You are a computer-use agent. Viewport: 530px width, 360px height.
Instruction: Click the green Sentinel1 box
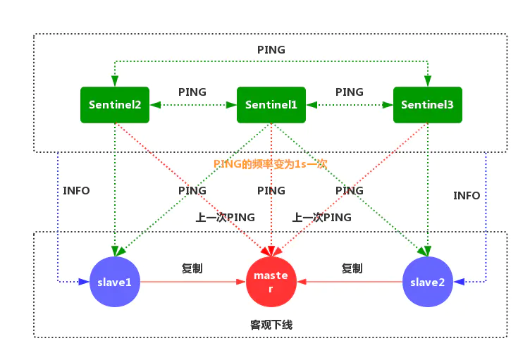[x=271, y=104]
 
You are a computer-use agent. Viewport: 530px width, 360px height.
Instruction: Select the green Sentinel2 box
[x=115, y=104]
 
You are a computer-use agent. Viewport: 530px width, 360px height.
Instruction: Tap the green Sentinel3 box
[x=427, y=104]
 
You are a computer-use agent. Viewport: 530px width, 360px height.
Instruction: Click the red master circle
[x=271, y=282]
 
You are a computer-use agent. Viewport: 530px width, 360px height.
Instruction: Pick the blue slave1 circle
[x=115, y=282]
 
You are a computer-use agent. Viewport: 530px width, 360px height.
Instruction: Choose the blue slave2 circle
[x=427, y=282]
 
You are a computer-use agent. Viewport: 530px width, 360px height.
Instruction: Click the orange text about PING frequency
[x=270, y=163]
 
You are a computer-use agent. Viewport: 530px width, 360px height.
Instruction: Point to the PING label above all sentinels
[x=271, y=50]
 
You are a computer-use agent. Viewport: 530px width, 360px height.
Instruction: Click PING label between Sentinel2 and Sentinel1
[x=192, y=92]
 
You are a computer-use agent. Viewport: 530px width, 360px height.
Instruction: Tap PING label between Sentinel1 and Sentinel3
[x=350, y=92]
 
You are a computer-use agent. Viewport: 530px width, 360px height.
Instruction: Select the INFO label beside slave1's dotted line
[x=76, y=190]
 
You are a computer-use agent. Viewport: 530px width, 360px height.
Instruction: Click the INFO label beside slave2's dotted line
[x=467, y=195]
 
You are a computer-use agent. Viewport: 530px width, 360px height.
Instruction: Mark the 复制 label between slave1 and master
[x=192, y=268]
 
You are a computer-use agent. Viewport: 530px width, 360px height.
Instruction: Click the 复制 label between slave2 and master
[x=352, y=268]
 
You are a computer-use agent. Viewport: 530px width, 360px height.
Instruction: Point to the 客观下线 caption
[x=271, y=325]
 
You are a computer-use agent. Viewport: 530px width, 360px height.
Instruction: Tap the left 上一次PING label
[x=225, y=218]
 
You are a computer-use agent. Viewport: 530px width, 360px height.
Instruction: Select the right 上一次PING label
[x=321, y=218]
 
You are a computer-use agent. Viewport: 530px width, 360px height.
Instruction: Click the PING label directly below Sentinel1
[x=271, y=191]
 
